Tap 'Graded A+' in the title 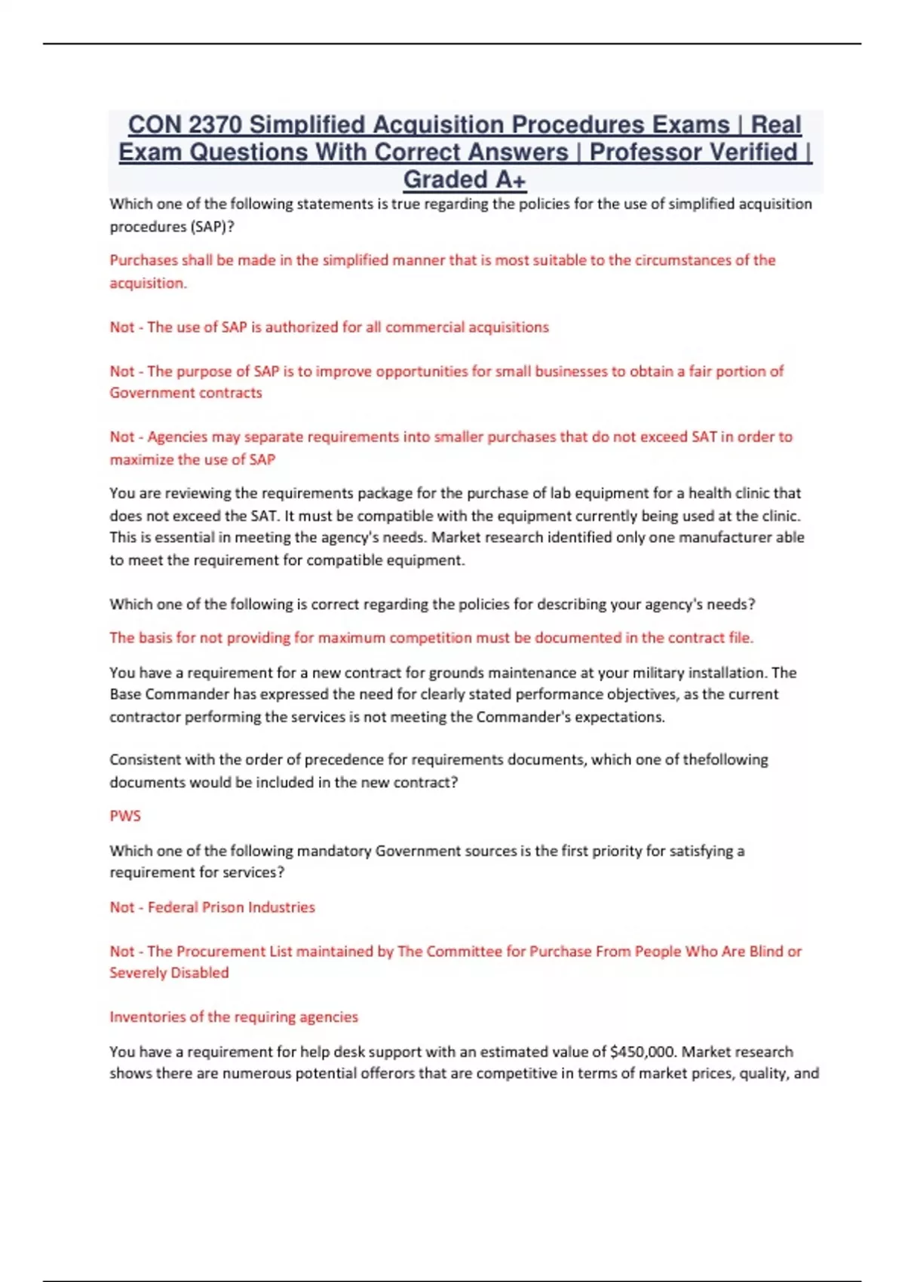point(464,180)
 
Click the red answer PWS point(125,816)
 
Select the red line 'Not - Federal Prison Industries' point(212,907)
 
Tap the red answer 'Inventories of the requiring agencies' point(234,1017)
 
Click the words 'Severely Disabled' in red point(169,973)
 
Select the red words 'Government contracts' point(186,393)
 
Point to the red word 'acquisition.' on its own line point(148,284)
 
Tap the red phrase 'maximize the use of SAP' point(192,460)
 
